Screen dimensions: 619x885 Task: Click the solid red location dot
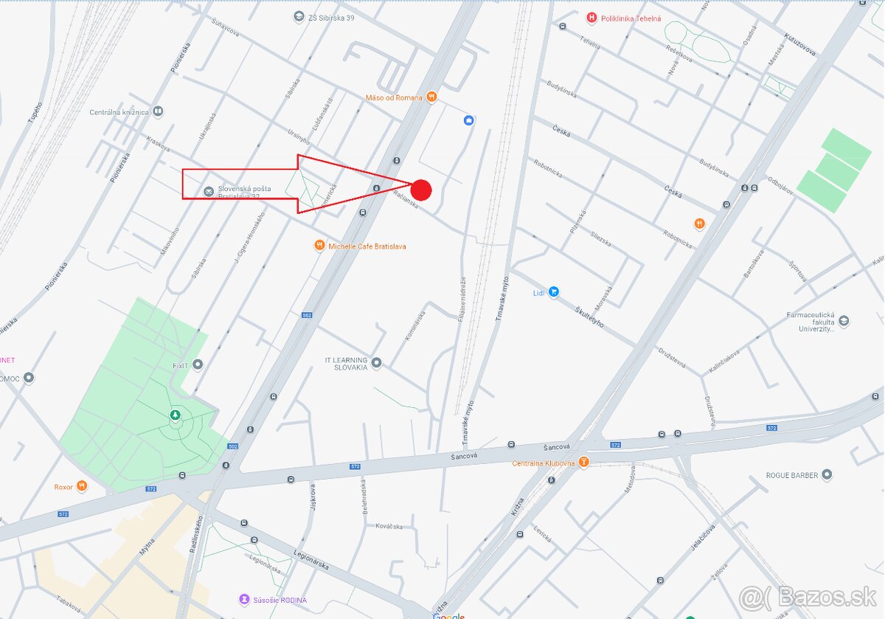(x=421, y=190)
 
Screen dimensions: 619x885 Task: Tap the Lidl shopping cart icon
(x=554, y=292)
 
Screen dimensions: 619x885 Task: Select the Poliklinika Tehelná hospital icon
(x=591, y=18)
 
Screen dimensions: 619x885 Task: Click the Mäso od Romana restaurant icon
(x=432, y=97)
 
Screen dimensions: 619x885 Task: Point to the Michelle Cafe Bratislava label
(x=367, y=246)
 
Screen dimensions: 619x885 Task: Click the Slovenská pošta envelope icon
(x=209, y=192)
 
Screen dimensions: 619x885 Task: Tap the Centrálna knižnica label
(x=119, y=112)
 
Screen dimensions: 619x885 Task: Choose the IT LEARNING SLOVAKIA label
(x=346, y=363)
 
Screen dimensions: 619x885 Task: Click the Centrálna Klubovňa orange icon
(x=584, y=463)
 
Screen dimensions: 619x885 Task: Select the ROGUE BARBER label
(x=792, y=475)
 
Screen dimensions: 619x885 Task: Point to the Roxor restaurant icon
(x=82, y=486)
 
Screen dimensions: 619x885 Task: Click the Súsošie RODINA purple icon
(x=244, y=600)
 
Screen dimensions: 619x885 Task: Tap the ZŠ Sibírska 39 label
(x=331, y=17)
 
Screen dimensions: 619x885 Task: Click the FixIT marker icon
(x=198, y=364)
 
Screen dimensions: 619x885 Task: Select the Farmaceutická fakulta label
(x=811, y=322)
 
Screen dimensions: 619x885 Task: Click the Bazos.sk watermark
(x=808, y=595)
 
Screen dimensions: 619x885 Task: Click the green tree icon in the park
(x=176, y=416)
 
